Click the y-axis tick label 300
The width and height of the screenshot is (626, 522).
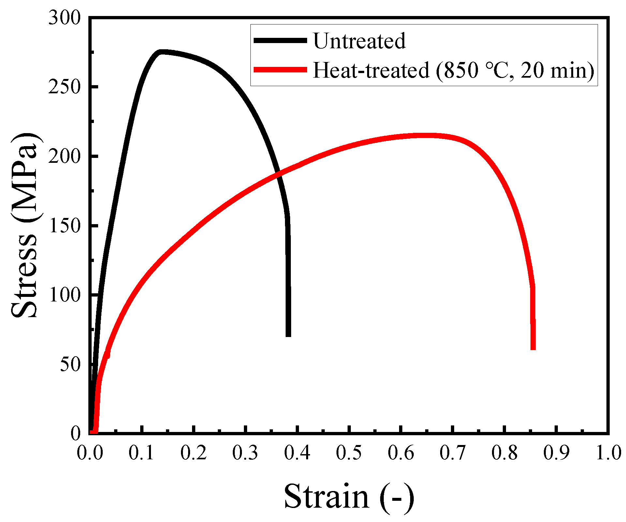pyautogui.click(x=64, y=18)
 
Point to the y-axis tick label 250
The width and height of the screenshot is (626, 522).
pyautogui.click(x=64, y=87)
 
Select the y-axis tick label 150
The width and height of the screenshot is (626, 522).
pyautogui.click(x=64, y=226)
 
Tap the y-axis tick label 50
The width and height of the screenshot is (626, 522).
pyautogui.click(x=70, y=364)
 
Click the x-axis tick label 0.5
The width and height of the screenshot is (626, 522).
pyautogui.click(x=349, y=453)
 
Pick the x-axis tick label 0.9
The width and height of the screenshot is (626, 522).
pyautogui.click(x=556, y=453)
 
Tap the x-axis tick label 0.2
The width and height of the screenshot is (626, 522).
pyautogui.click(x=193, y=453)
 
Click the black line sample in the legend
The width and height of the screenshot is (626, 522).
pyautogui.click(x=280, y=40)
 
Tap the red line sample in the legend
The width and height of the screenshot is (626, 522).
pyautogui.click(x=280, y=69)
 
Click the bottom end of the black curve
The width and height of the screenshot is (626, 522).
pyautogui.click(x=288, y=335)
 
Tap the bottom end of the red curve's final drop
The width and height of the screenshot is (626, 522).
pyautogui.click(x=533, y=348)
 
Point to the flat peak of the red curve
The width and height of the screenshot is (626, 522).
pyautogui.click(x=424, y=135)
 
